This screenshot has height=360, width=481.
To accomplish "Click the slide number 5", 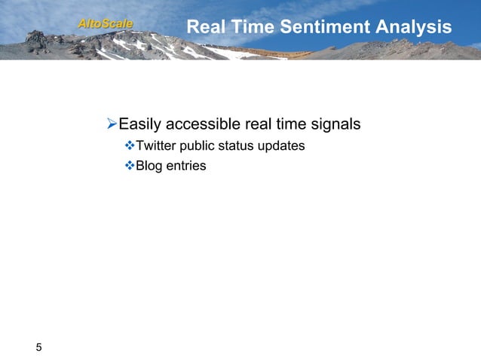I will tap(39, 347).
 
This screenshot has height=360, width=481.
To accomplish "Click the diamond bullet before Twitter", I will tap(128, 145).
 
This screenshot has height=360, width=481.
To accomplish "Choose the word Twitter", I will tap(155, 145).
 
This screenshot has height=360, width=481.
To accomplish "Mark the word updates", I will tap(283, 145).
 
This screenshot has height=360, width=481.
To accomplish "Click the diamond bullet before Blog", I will tap(128, 165).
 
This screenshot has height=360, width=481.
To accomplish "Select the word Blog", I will tap(148, 165).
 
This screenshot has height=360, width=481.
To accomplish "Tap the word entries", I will tap(185, 165).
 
